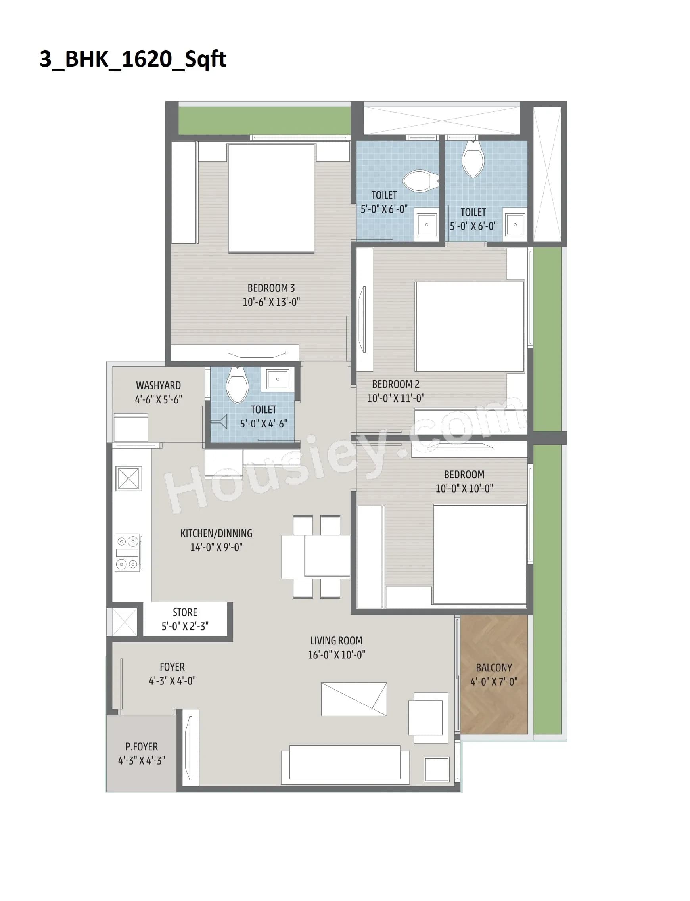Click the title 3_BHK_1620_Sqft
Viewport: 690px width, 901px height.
133,59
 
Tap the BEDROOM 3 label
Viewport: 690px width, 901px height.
271,288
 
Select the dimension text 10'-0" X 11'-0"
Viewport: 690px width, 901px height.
395,398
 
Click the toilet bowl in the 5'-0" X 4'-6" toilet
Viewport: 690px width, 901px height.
238,385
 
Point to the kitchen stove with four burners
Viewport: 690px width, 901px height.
127,553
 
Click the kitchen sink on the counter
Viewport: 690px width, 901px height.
128,478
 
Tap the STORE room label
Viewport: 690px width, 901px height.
185,612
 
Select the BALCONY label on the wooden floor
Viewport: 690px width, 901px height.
494,668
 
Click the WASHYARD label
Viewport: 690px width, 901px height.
158,385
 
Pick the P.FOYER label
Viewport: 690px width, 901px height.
142,747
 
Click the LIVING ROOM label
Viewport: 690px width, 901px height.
336,640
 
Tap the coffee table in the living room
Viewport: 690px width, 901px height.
354,700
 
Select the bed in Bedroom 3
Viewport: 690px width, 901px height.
272,198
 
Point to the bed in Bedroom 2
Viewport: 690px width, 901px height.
470,326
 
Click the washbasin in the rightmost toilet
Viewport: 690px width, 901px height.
515,224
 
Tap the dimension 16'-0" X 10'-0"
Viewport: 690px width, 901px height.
336,655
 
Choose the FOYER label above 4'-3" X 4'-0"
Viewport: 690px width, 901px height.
172,667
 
